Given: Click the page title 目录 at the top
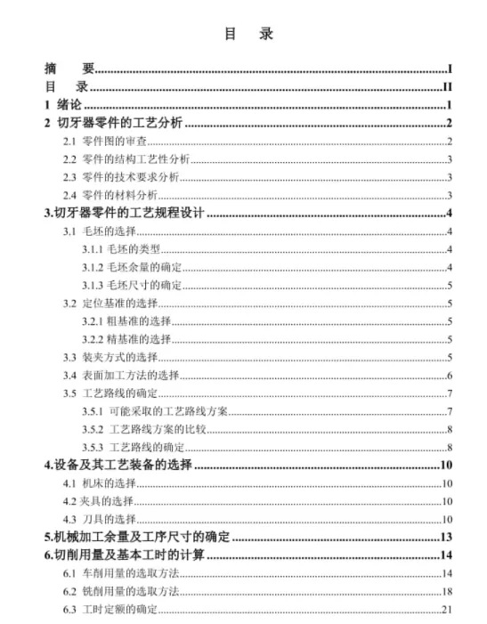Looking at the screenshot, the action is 242,34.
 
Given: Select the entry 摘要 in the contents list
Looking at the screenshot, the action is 69,69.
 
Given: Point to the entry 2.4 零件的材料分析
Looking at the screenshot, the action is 110,195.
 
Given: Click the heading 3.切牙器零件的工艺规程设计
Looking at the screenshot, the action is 125,213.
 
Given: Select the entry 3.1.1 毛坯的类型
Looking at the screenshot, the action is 121,249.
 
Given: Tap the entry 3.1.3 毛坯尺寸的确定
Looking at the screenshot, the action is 132,285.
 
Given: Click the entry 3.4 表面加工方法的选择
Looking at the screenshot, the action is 121,375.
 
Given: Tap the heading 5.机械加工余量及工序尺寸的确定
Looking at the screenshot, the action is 137,538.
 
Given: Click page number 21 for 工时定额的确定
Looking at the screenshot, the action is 447,609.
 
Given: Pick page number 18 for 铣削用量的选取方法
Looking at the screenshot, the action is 447,591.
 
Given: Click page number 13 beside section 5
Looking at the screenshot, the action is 446,538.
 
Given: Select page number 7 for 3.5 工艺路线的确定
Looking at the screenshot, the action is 450,393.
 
